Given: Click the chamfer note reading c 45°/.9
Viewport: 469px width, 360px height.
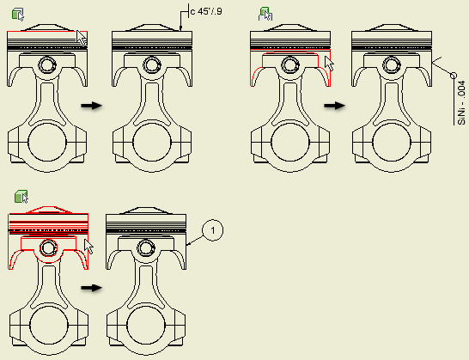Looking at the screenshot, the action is point(206,12).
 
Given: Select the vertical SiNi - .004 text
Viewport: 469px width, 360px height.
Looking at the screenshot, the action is point(461,102).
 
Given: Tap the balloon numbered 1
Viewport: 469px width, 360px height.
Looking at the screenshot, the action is point(213,230).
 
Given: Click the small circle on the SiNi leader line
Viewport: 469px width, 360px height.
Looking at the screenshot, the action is point(454,76).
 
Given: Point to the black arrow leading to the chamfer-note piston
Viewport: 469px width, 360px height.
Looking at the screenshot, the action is point(92,106).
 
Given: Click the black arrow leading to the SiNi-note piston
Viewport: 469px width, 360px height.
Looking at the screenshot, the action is point(335,106).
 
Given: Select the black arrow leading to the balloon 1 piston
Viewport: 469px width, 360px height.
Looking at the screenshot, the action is point(92,288).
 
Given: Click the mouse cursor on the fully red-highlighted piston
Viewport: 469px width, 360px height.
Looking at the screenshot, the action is point(88,247).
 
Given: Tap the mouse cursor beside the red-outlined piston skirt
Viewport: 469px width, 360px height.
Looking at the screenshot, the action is point(330,63).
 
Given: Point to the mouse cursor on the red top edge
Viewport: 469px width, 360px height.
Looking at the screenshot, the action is point(82,38).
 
